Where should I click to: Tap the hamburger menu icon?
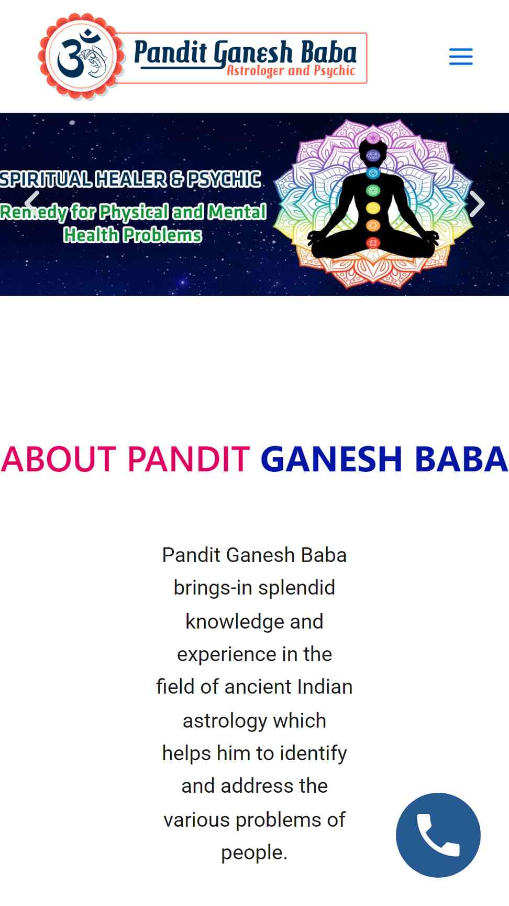click(461, 57)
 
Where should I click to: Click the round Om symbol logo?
click(82, 56)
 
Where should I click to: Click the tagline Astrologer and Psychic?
click(291, 71)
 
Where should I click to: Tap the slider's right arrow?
click(477, 203)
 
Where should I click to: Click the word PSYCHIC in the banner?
click(224, 179)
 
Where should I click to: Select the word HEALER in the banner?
click(131, 179)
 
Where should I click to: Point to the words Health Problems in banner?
click(132, 235)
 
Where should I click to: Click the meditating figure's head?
click(373, 149)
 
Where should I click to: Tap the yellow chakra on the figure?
click(373, 208)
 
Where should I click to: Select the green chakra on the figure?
click(373, 190)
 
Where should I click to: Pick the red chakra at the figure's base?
click(373, 243)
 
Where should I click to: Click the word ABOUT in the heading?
click(59, 459)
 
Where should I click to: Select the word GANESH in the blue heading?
click(331, 459)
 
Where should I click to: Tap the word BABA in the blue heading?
click(461, 459)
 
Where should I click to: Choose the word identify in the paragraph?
click(314, 753)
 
